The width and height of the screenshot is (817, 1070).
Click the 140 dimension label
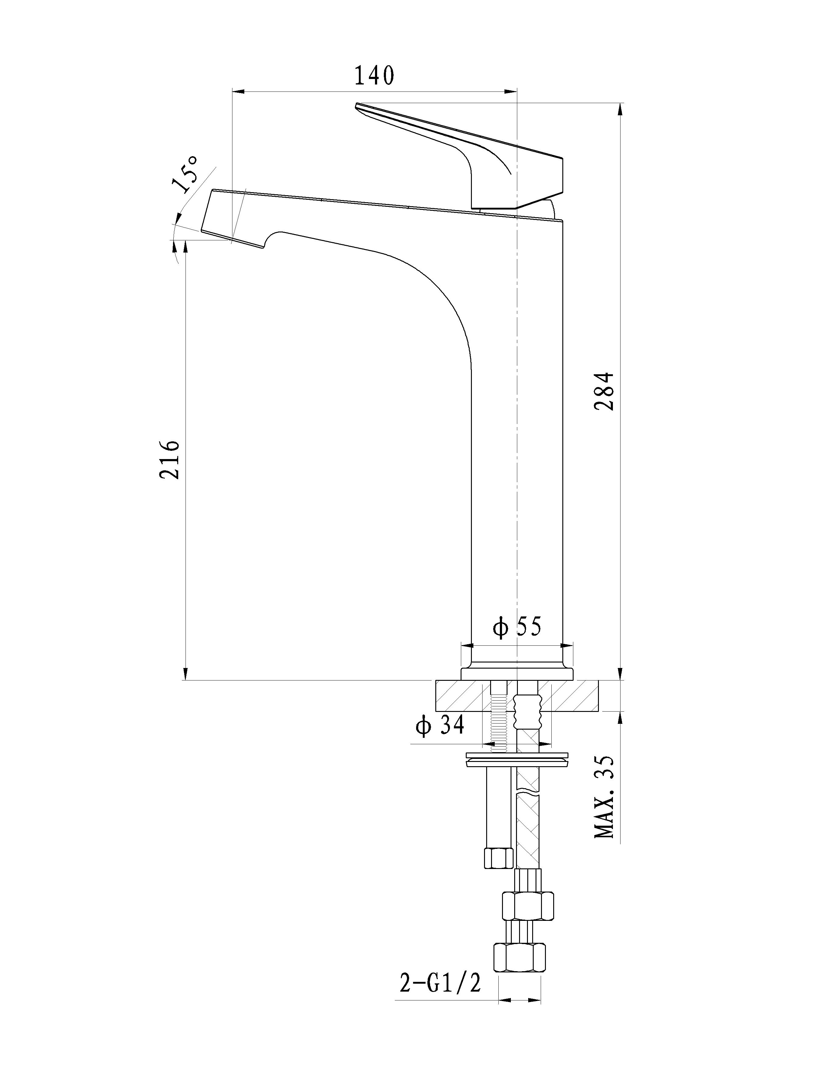point(374,76)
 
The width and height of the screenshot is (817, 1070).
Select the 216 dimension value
point(170,460)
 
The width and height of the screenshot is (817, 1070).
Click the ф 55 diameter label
point(516,627)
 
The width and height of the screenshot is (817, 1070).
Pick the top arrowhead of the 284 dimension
point(620,110)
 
